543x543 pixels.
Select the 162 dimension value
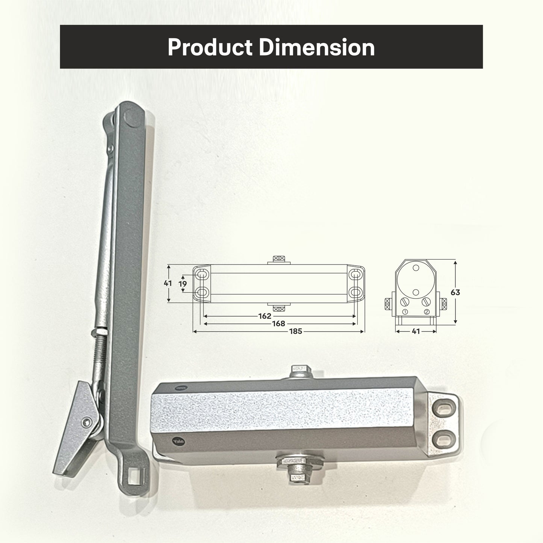tap(265, 316)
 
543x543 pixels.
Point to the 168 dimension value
tap(278, 324)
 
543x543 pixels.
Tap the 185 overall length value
tap(295, 331)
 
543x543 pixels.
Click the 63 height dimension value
tap(455, 292)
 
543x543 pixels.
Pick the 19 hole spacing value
tap(183, 284)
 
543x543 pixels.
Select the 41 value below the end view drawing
tap(416, 331)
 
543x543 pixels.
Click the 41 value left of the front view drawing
tap(168, 283)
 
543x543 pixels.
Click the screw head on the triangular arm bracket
tap(87, 422)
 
